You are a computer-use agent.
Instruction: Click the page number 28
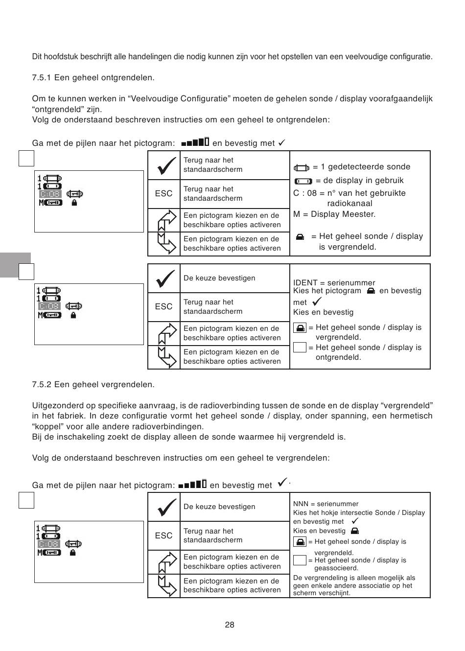[x=230, y=625]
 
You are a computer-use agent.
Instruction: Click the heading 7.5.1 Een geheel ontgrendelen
[x=93, y=78]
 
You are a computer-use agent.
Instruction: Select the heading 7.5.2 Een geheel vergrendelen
[x=93, y=384]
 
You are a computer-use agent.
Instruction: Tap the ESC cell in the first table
[x=163, y=193]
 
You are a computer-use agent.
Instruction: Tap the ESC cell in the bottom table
[x=163, y=535]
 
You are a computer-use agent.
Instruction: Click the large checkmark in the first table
[x=164, y=165]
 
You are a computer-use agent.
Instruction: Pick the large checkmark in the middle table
[x=164, y=279]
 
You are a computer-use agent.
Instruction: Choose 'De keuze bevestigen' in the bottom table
[x=219, y=507]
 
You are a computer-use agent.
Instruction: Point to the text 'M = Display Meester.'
[x=334, y=214]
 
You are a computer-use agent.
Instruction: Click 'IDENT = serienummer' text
[x=334, y=282]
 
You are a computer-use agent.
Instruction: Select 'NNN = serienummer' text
[x=325, y=504]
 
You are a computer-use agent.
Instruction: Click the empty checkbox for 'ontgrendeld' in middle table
[x=300, y=348]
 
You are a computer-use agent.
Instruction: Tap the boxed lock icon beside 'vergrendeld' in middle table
[x=300, y=327]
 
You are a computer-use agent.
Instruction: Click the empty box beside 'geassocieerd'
[x=300, y=560]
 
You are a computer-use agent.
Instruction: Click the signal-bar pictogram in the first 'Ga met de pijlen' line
[x=195, y=142]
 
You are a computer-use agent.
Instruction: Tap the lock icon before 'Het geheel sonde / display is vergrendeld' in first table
[x=300, y=237]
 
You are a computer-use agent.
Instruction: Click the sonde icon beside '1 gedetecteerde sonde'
[x=302, y=168]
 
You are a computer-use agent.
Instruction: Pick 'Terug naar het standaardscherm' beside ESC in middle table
[x=213, y=306]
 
